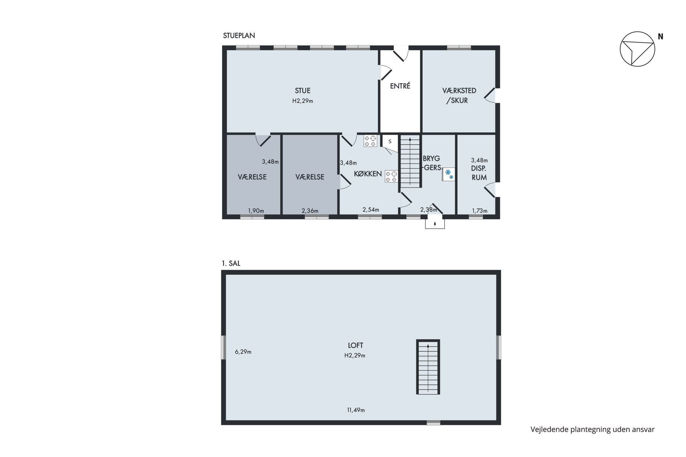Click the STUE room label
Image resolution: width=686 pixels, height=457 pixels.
click(x=303, y=91)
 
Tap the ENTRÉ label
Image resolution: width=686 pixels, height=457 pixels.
click(x=400, y=86)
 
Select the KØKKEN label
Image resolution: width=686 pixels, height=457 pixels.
click(x=368, y=174)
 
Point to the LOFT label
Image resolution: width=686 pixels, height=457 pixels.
click(x=355, y=345)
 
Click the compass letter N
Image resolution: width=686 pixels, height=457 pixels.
click(x=660, y=37)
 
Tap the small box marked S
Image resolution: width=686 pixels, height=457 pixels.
click(x=390, y=141)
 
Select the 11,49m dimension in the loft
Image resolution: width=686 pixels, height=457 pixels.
click(x=356, y=410)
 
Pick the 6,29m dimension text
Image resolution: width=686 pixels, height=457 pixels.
click(x=243, y=352)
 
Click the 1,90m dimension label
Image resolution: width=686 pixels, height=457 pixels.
click(x=256, y=211)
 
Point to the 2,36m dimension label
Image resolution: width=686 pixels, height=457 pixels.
click(x=310, y=211)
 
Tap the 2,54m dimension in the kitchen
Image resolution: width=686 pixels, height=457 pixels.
click(x=371, y=209)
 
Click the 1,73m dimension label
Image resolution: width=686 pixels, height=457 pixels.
click(x=479, y=211)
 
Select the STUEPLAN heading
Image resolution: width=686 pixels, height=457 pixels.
click(x=239, y=36)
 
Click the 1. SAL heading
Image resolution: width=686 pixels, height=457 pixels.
click(x=231, y=263)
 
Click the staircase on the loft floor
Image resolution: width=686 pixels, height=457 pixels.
click(x=428, y=367)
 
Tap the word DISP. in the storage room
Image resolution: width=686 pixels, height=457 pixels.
click(x=479, y=169)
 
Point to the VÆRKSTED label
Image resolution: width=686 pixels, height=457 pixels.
click(x=459, y=91)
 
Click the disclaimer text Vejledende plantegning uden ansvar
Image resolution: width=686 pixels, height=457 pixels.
click(x=593, y=430)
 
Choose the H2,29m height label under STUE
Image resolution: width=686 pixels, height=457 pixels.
click(x=303, y=101)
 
